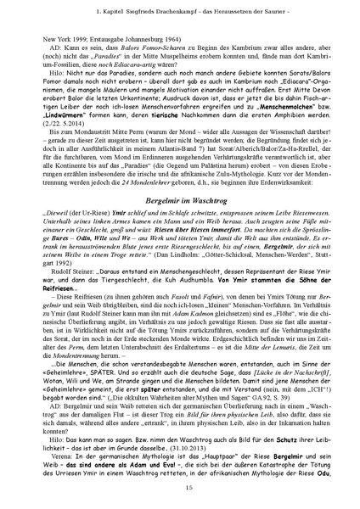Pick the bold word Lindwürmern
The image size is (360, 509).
[x=66, y=123]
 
